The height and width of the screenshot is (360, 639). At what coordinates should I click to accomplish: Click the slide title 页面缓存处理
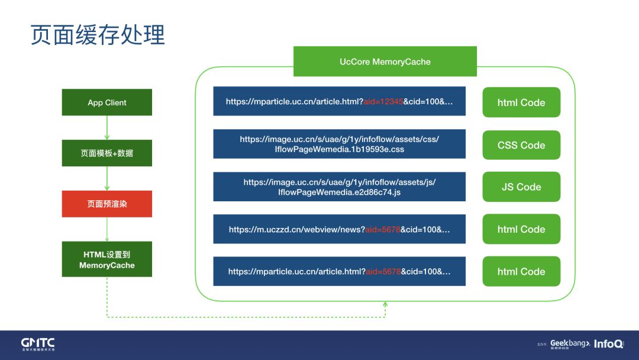tap(98, 35)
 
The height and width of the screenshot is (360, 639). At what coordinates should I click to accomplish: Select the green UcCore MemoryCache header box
tap(385, 62)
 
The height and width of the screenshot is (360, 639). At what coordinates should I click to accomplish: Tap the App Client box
tap(107, 102)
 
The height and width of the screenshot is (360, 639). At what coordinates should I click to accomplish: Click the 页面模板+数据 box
tap(107, 153)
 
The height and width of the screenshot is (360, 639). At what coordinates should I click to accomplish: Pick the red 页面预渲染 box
tap(107, 204)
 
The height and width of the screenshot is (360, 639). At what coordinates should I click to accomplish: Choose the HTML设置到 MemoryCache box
tap(107, 259)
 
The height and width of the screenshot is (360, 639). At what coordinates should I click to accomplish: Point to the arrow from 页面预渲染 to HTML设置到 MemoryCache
tap(107, 229)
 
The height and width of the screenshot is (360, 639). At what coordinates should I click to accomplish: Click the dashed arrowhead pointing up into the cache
tap(385, 304)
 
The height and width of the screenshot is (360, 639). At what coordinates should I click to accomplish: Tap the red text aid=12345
tap(383, 101)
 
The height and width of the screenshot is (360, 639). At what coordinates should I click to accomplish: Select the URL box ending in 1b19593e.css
tap(339, 144)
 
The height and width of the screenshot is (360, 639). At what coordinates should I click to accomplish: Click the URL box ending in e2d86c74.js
tap(339, 187)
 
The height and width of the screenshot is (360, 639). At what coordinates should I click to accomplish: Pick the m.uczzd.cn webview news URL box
tap(339, 229)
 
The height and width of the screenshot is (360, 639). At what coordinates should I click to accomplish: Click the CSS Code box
tap(521, 145)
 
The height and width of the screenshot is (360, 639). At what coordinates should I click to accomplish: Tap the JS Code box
tap(521, 187)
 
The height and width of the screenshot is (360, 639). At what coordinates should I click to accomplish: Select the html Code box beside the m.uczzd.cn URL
tap(521, 229)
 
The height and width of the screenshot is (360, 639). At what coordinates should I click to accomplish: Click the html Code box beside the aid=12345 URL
tap(521, 102)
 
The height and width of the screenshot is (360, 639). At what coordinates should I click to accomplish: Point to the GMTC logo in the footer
tap(38, 344)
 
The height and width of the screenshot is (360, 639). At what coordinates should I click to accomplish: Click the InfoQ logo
tap(608, 343)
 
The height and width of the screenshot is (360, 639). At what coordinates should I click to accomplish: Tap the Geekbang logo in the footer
tap(570, 343)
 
